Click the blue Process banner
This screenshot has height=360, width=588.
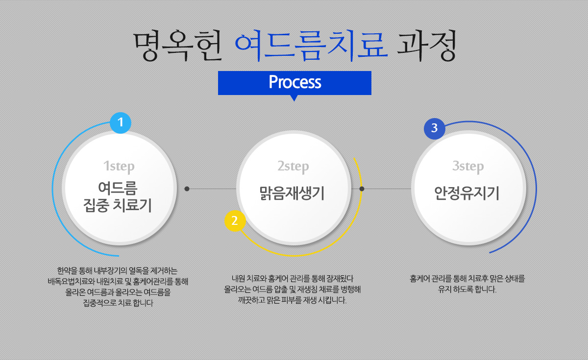tap(294, 82)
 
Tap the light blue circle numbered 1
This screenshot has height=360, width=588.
tap(120, 123)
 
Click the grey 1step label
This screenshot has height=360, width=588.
tap(119, 166)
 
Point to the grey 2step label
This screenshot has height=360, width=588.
tap(293, 166)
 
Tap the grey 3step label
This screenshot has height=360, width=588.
tap(468, 166)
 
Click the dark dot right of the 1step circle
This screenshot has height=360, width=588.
tap(187, 189)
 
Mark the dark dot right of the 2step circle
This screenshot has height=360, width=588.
tap(362, 189)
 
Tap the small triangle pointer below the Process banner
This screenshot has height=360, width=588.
tap(294, 98)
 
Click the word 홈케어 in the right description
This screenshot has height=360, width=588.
tap(420, 279)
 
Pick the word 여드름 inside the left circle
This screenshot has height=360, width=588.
tap(118, 188)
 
